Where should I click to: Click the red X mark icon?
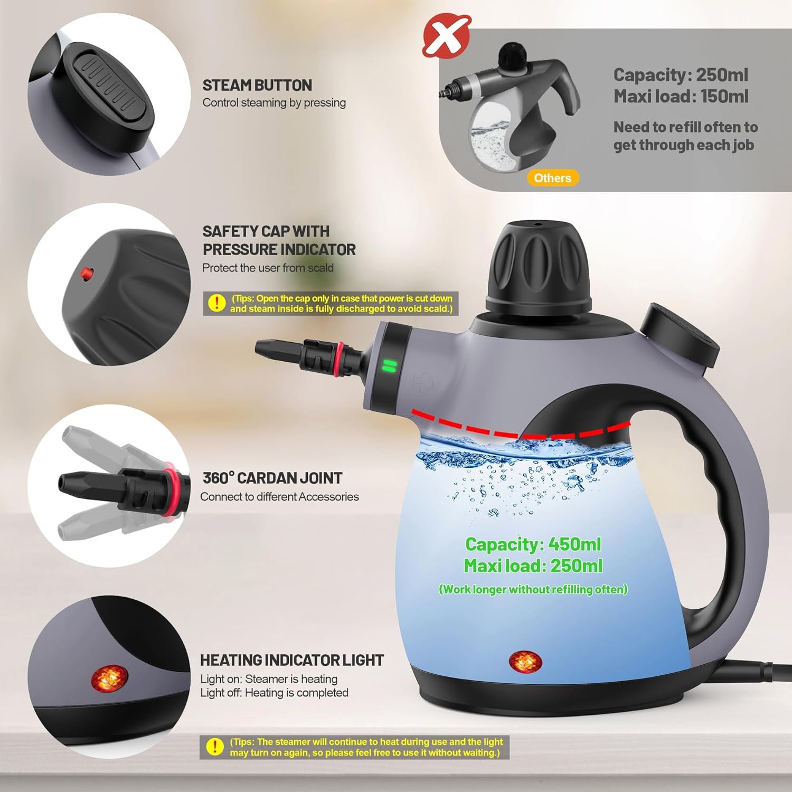pyautogui.click(x=447, y=35)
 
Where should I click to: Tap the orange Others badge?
pyautogui.click(x=552, y=178)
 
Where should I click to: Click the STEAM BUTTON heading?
pyautogui.click(x=257, y=85)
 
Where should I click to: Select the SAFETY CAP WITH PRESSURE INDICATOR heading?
pyautogui.click(x=279, y=240)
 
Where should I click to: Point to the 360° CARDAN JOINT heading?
pyautogui.click(x=272, y=478)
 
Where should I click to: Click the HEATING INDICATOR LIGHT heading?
pyautogui.click(x=291, y=660)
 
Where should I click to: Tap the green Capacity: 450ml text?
pyautogui.click(x=533, y=544)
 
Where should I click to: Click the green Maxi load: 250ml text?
pyautogui.click(x=533, y=566)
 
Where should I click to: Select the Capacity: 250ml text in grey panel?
pyautogui.click(x=681, y=75)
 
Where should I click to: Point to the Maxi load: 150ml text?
pyautogui.click(x=681, y=96)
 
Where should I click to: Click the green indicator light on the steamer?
pyautogui.click(x=389, y=366)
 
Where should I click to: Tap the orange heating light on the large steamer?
pyautogui.click(x=525, y=662)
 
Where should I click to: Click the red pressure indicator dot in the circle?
pyautogui.click(x=85, y=273)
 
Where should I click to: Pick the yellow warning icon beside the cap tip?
pyautogui.click(x=216, y=303)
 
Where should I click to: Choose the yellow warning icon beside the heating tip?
pyautogui.click(x=214, y=747)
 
